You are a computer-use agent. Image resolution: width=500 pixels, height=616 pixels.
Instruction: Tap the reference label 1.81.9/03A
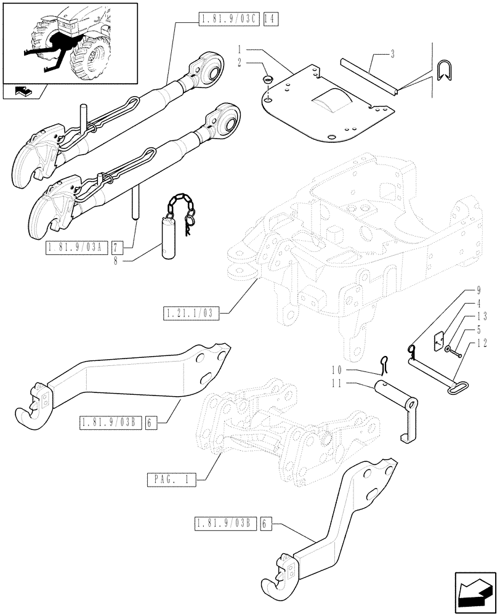coord(77,248)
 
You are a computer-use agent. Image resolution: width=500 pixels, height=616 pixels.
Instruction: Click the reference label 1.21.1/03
coord(192,314)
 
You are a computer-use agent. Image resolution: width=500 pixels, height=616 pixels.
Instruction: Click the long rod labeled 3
coord(369,76)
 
